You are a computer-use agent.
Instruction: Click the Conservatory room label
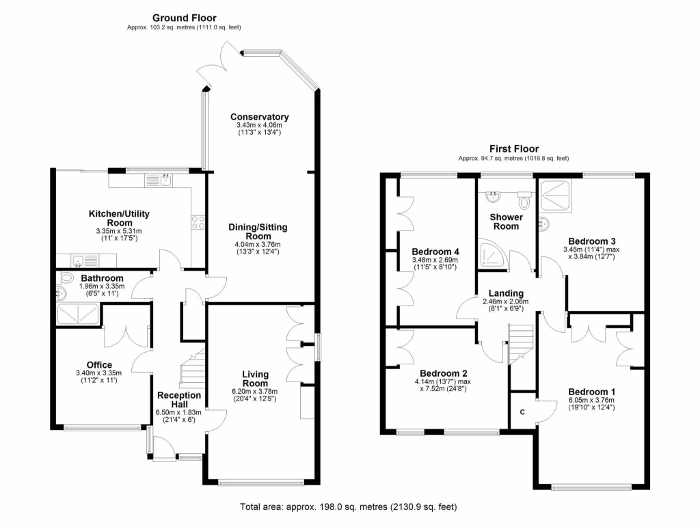coord(259,117)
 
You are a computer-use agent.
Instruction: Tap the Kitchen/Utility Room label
coord(119,218)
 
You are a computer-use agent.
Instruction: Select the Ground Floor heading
coord(183,18)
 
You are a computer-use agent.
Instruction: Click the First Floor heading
coord(513,148)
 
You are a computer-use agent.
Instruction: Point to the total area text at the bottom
coord(349,507)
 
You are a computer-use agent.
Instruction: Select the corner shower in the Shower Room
coord(490,254)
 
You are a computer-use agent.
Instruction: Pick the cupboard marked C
coord(523,412)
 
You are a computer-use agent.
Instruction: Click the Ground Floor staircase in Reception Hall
coord(191,370)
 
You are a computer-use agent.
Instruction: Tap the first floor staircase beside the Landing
coord(521,345)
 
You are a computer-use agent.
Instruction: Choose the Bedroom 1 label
coord(591,392)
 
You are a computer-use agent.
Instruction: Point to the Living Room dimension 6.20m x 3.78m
coord(255,392)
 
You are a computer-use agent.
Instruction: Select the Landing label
coord(506,293)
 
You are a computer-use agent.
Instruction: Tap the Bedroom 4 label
coord(435,250)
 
